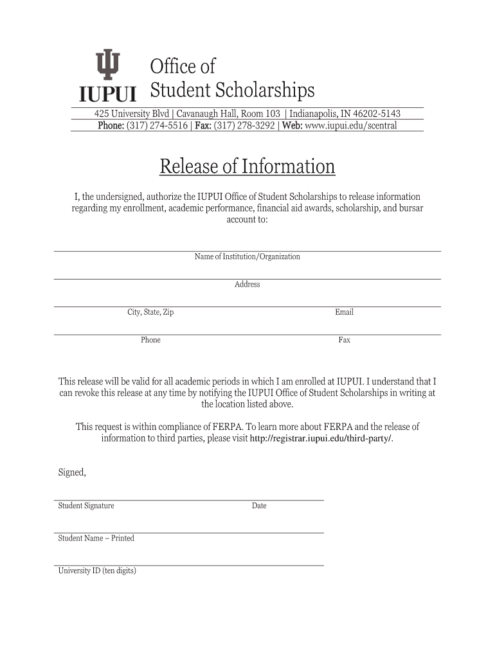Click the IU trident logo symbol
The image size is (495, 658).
click(x=107, y=66)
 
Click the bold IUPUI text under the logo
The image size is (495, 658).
click(x=107, y=95)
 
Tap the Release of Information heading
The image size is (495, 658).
click(x=248, y=167)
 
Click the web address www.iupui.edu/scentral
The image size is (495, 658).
click(x=351, y=125)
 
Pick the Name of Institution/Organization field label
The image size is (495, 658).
click(x=248, y=257)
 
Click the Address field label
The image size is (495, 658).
click(x=248, y=285)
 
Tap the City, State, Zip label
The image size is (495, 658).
click(x=150, y=312)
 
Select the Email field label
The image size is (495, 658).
click(x=344, y=312)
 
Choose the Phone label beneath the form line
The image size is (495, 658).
click(x=150, y=340)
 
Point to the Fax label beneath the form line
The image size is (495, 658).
click(x=344, y=340)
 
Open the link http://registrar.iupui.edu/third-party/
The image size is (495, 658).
click(x=320, y=438)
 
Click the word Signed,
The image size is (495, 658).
click(x=72, y=472)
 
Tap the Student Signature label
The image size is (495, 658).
click(x=86, y=506)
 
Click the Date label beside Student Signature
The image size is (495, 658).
click(x=259, y=506)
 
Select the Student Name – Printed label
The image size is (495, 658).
click(x=96, y=538)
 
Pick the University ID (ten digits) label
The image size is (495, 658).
click(x=97, y=571)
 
